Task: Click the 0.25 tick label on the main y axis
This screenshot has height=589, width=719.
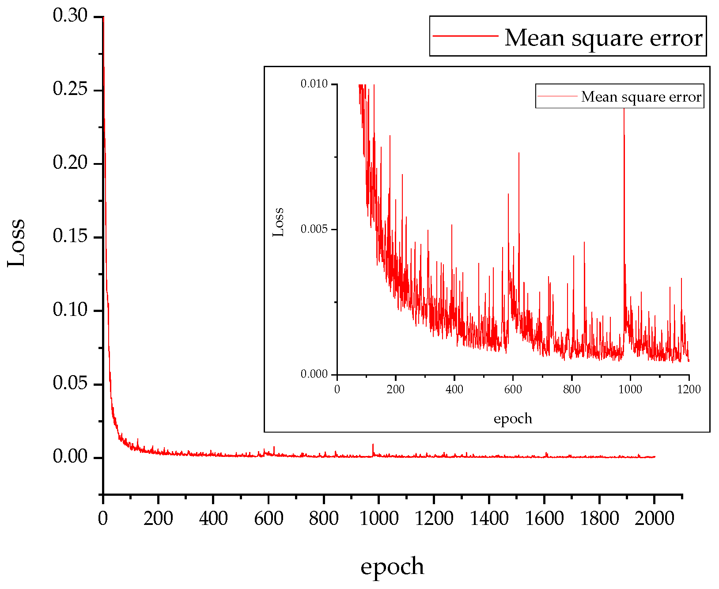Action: tap(71, 89)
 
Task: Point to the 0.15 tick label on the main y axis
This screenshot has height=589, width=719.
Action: tap(71, 236)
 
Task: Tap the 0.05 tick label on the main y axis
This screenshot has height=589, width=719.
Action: tap(71, 383)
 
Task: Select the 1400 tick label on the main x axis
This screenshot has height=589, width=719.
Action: tap(489, 518)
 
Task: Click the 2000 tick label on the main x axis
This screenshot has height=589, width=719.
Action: tap(654, 518)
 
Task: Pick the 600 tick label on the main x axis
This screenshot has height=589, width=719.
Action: tap(269, 518)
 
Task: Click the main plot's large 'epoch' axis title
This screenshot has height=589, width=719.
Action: tap(392, 566)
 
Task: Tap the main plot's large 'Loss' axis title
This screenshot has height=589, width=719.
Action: tap(17, 243)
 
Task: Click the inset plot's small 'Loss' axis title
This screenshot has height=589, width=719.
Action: tap(278, 222)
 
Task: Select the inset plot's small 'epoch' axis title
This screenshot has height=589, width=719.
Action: tap(513, 418)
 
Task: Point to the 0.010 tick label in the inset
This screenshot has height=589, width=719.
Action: tap(314, 84)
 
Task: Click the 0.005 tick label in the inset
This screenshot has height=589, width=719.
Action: tap(314, 229)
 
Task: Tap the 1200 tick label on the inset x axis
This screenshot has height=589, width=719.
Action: tap(689, 389)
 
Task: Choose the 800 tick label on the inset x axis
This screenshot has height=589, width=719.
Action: tap(571, 389)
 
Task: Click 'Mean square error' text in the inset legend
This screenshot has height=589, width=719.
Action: tap(641, 97)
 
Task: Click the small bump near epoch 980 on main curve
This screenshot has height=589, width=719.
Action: tap(373, 445)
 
